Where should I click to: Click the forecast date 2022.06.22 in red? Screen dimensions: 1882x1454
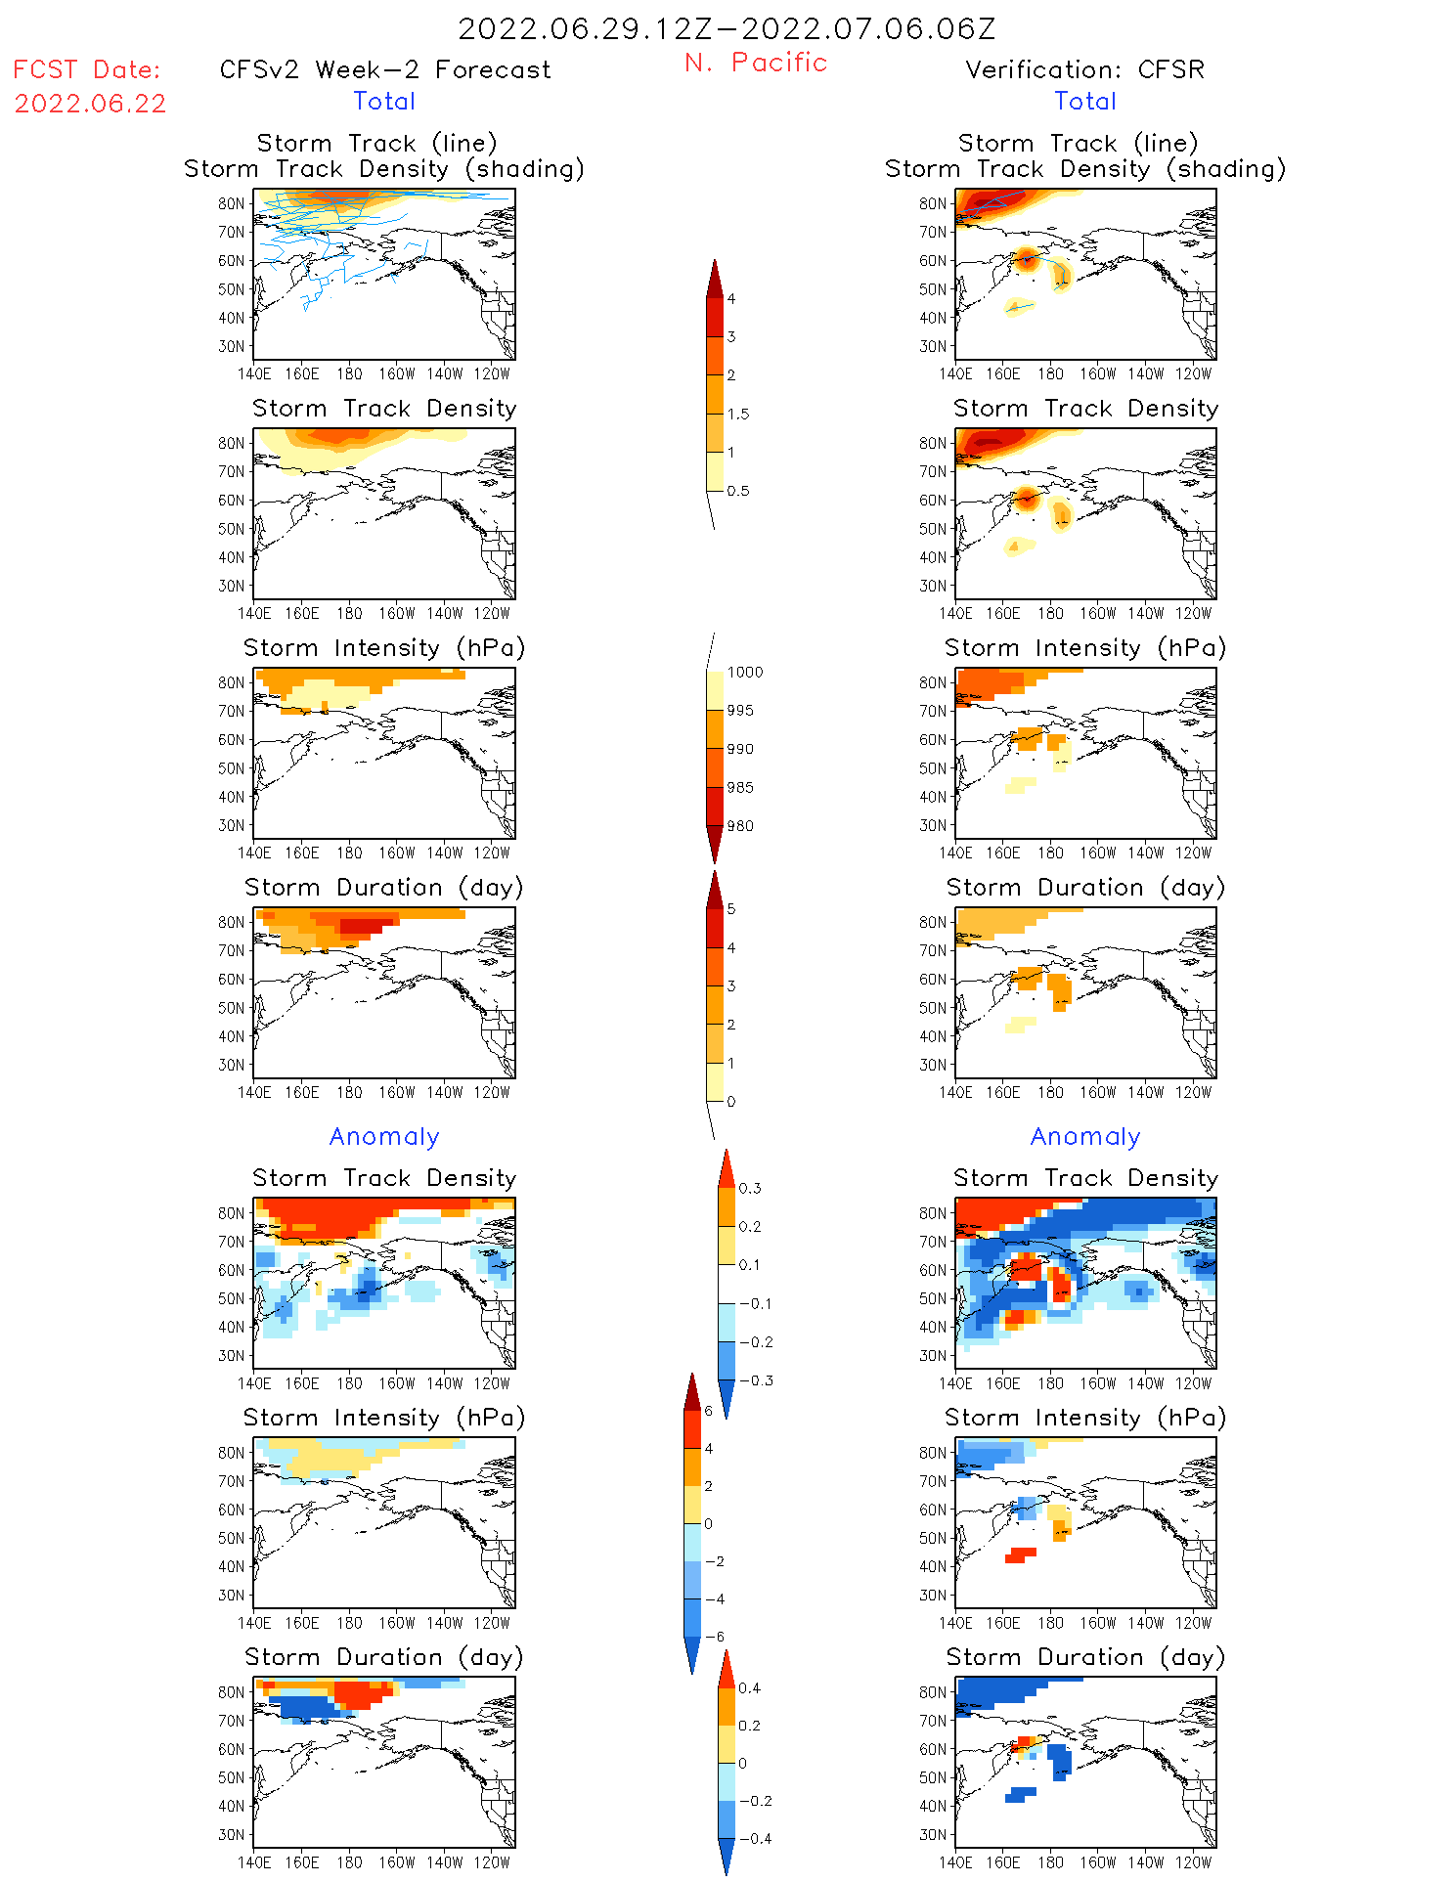tap(90, 104)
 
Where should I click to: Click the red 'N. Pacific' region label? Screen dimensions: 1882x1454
tap(756, 63)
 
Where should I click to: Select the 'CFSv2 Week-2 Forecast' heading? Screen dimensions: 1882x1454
tap(385, 69)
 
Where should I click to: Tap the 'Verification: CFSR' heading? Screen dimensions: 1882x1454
tap(1084, 69)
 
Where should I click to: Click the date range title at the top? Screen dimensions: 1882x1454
tap(727, 28)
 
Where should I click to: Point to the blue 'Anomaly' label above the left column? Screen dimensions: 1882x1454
tap(384, 1136)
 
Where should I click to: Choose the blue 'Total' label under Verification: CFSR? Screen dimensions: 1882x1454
tap(1084, 101)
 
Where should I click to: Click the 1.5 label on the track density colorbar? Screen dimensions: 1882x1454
tap(738, 414)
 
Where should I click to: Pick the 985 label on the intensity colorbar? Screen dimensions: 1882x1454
tap(740, 787)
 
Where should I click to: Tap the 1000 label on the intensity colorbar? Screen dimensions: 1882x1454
tap(744, 672)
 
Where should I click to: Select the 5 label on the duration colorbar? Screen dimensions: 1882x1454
tap(731, 908)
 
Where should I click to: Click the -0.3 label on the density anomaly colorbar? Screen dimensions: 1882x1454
tap(755, 1380)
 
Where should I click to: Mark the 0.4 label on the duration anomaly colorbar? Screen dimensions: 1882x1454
tap(749, 1687)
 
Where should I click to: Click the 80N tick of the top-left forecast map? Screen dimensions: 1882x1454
tap(231, 203)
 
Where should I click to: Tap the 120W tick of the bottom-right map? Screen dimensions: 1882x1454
tap(1193, 1862)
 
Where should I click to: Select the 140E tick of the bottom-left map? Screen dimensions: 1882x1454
tap(254, 1862)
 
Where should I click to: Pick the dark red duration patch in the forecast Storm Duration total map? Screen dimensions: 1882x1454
tap(365, 925)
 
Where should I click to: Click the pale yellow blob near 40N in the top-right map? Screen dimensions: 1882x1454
tap(1018, 307)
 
